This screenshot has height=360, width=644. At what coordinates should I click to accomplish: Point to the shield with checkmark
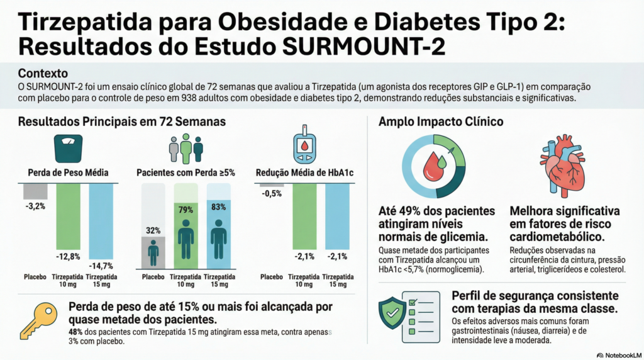[x=392, y=312]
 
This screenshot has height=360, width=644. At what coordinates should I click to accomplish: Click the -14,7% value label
[x=102, y=266]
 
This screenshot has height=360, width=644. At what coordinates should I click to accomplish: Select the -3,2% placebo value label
[x=36, y=205]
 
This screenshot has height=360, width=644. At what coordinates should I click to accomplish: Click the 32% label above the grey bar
[x=153, y=230]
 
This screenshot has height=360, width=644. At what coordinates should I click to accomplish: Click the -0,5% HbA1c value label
[x=272, y=193]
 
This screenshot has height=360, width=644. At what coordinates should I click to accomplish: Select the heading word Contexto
[x=43, y=73]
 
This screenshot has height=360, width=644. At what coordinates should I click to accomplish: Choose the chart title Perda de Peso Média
[x=69, y=172]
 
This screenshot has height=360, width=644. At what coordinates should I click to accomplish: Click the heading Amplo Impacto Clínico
[x=441, y=122]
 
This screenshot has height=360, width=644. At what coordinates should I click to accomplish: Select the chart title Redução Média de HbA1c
[x=304, y=172]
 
